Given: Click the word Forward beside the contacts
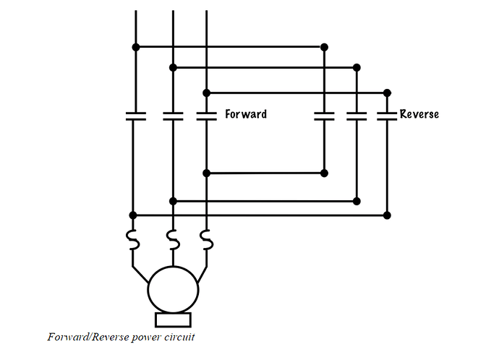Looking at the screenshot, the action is [246, 114].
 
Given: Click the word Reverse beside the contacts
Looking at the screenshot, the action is [419, 114].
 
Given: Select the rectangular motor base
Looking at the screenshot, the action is [173, 320].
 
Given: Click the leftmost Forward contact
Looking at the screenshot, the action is [136, 116].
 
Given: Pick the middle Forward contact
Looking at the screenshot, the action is [173, 116].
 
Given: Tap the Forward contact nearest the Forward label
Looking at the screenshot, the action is [207, 116].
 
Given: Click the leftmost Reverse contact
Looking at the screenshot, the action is [324, 116].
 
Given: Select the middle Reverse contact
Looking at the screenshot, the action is [357, 116].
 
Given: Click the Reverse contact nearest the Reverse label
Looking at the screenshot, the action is [387, 116].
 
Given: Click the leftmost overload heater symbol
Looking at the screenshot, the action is [133, 239].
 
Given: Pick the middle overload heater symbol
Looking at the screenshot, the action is [173, 239].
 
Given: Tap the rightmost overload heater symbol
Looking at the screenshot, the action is [207, 239].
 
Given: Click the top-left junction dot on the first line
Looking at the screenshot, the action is [136, 47].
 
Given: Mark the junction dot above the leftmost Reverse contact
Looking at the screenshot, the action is [324, 47].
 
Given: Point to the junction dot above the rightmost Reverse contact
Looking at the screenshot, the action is [387, 93].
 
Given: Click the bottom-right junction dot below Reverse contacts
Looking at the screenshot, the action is [387, 215].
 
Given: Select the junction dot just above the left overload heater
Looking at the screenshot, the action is [133, 215].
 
